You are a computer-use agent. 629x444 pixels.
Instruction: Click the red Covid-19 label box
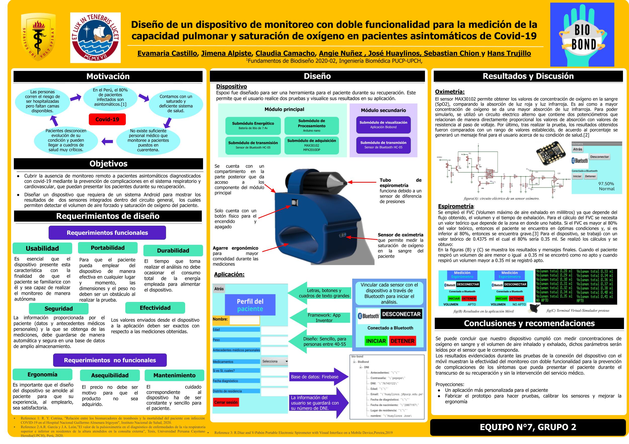tap(107, 119)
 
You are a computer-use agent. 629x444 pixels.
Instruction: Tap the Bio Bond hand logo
tap(582, 34)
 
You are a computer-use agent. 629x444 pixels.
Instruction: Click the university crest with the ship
tap(95, 37)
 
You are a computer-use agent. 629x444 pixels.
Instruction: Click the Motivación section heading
tap(108, 76)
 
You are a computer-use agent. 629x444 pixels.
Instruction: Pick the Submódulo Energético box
tap(253, 126)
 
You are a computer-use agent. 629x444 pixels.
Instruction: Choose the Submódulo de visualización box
tap(383, 125)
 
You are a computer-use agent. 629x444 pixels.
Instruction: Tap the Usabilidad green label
tap(42, 249)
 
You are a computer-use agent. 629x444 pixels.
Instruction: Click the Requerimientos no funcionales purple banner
tap(110, 360)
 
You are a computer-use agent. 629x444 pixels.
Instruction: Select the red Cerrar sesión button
tap(226, 402)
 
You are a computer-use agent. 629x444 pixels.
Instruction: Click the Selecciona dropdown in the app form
tap(274, 361)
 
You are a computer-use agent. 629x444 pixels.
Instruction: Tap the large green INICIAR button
tap(376, 341)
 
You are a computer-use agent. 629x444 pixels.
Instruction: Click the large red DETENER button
tap(402, 341)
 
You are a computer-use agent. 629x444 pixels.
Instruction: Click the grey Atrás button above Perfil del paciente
tap(219, 289)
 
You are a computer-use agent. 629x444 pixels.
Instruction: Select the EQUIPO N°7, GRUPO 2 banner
tap(528, 427)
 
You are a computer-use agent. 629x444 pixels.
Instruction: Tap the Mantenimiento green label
tap(174, 376)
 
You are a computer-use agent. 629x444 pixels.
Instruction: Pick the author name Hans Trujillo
tap(509, 53)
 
